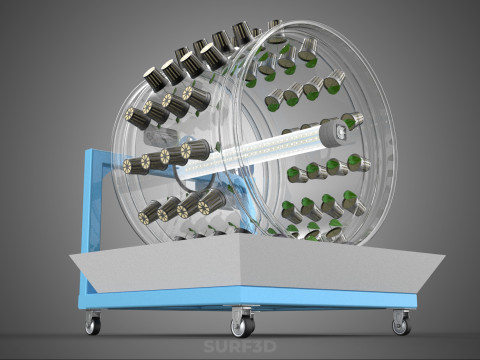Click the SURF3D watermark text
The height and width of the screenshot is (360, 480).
(x=240, y=346)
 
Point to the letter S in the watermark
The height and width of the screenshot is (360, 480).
(x=209, y=346)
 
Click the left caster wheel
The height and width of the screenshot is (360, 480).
(x=93, y=326)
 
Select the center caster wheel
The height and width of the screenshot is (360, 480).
(x=243, y=327)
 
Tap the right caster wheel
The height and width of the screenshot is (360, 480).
(x=401, y=327)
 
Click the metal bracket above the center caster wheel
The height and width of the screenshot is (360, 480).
(x=243, y=313)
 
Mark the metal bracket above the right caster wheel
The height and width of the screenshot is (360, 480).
(x=401, y=314)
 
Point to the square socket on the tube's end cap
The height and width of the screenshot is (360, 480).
(x=340, y=133)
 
